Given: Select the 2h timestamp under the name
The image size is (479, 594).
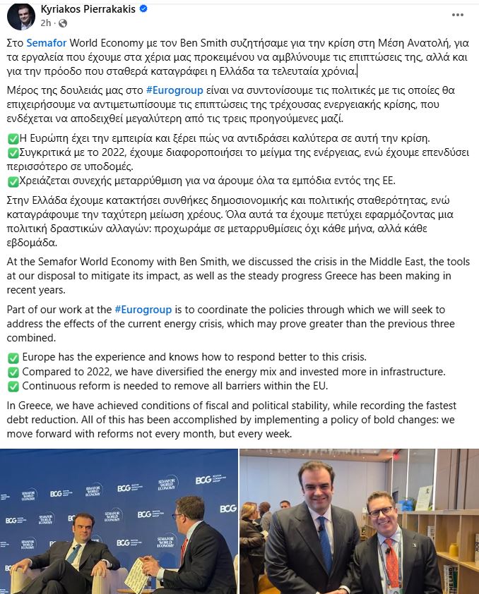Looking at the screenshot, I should tap(46, 23).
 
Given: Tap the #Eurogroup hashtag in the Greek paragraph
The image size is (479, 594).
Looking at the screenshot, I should tap(175, 90).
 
